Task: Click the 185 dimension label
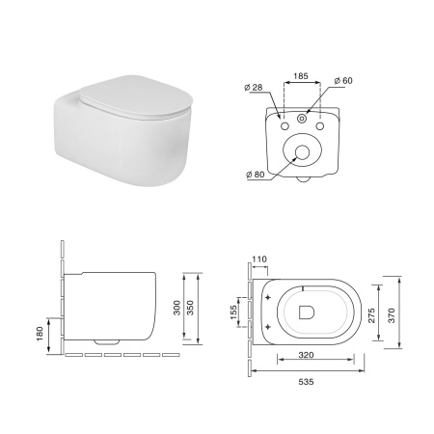301,76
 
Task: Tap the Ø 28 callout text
254,87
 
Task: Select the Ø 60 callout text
343,80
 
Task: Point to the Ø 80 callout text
256,175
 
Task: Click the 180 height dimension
40,334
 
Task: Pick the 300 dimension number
176,308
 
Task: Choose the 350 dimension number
190,308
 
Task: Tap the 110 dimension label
259,259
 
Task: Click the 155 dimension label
233,312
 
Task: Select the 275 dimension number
371,315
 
